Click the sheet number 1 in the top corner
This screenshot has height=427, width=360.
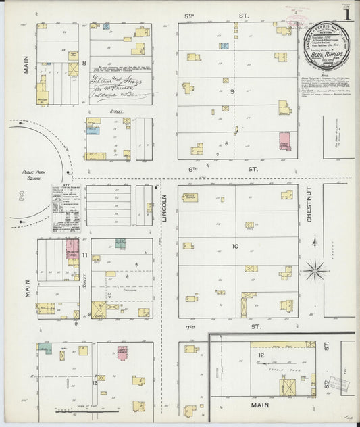pos(346,14)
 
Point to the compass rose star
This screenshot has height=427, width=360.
pos(315,272)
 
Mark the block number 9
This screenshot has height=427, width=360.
pos(234,91)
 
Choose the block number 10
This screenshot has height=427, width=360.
pos(234,246)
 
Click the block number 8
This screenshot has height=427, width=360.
pos(84,64)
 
